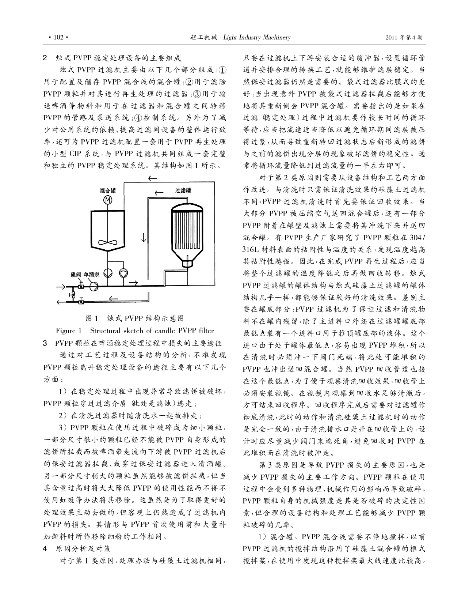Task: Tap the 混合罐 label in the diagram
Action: pos(108,191)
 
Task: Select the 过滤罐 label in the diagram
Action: pos(183,190)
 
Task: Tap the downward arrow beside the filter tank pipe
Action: pos(144,237)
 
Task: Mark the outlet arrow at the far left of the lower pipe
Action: pos(61,302)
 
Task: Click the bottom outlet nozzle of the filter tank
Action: pos(188,263)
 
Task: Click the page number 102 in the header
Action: pos(58,37)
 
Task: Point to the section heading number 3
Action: pos(45,343)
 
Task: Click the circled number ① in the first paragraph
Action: pos(222,70)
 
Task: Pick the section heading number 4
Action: pos(45,549)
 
